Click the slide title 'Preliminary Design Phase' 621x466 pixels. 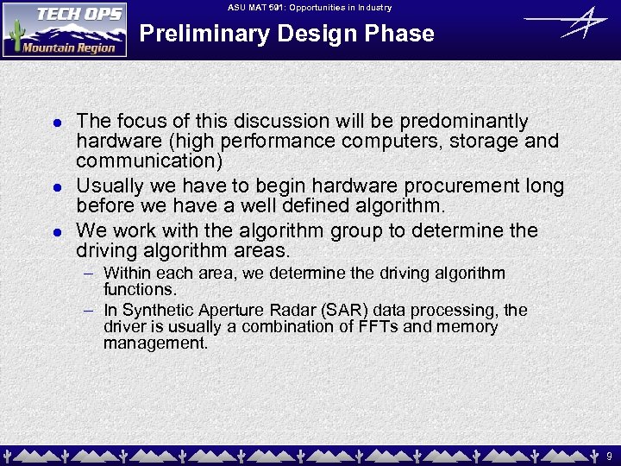286,34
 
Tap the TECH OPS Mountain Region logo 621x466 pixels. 65,29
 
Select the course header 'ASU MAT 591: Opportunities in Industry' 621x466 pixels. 310,8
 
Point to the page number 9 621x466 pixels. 608,454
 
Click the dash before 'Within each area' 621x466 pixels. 89,274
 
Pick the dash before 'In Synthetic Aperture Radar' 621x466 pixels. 89,311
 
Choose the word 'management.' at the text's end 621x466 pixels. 156,343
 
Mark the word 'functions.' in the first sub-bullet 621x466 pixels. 140,289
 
